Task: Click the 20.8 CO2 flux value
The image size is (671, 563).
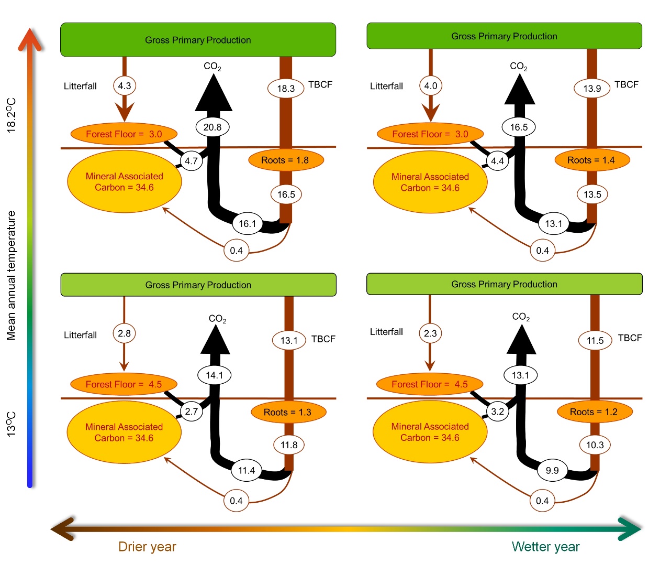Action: pos(213,127)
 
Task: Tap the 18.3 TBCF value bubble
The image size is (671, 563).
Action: pos(286,88)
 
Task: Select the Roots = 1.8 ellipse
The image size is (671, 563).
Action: pos(286,160)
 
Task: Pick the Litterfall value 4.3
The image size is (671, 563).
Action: pos(125,85)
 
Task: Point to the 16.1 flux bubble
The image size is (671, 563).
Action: pos(247,223)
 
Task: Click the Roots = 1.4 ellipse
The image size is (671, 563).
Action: pos(592,160)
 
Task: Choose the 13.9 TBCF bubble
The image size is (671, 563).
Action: pos(592,88)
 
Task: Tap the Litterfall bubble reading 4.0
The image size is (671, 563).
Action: pos(431,85)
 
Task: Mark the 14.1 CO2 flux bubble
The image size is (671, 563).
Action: pos(215,375)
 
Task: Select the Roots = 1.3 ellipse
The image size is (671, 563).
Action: pos(288,412)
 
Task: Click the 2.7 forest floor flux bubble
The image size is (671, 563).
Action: pos(192,411)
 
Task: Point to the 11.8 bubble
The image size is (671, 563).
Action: pos(288,445)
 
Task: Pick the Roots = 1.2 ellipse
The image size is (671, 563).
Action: pos(595,412)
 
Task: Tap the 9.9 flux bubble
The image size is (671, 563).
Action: pos(552,470)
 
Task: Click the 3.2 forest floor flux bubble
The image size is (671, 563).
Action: pos(497,411)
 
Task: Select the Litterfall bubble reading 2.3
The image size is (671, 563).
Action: pos(430,333)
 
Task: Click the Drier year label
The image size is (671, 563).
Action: pos(147,547)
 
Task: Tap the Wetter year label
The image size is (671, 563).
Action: pos(545,547)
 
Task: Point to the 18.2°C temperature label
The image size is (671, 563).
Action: pos(11,115)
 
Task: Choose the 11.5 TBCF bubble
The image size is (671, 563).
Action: pos(595,340)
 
